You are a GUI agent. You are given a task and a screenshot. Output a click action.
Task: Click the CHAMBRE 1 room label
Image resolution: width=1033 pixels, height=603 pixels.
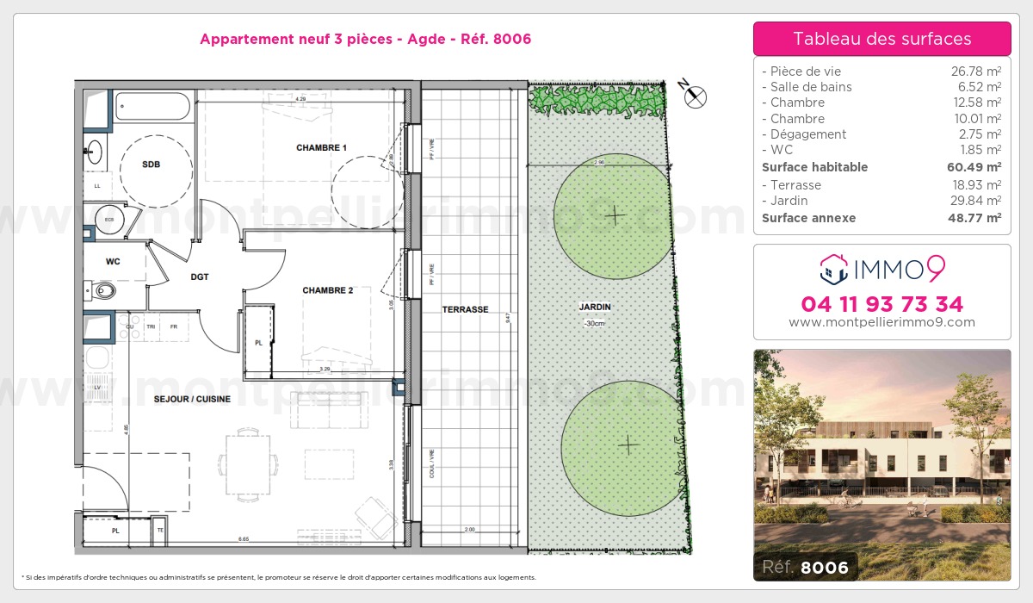point(321,148)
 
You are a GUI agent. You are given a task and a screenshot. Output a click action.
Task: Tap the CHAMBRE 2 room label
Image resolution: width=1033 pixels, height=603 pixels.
point(327,290)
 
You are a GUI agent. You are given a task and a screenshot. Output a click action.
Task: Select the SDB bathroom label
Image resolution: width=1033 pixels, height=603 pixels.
point(151,165)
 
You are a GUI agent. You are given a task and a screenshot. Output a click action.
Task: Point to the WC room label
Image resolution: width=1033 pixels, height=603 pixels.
point(113,260)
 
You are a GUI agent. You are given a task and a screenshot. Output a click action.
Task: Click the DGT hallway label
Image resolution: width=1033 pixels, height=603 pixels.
point(200,277)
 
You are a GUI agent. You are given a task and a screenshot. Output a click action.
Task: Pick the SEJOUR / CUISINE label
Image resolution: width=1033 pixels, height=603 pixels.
point(192,399)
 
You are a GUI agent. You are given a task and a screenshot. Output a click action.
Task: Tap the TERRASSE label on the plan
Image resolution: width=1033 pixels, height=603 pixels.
point(466,309)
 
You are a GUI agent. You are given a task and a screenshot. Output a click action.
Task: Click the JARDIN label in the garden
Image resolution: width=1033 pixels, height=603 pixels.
point(595,307)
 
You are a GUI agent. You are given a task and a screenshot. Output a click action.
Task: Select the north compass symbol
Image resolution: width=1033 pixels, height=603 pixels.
point(694,96)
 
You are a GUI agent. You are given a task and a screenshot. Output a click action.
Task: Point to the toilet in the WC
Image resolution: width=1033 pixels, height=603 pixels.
point(103,290)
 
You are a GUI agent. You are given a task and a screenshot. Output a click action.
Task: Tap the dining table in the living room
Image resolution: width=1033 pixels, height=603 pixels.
point(248,455)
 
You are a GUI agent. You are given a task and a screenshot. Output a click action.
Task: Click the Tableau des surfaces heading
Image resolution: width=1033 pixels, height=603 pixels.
point(881,39)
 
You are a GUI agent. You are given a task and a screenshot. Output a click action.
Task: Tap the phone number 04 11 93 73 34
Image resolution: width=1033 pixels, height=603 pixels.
point(881,304)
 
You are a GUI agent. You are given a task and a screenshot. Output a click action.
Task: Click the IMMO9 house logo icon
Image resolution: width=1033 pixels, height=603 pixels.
point(832,269)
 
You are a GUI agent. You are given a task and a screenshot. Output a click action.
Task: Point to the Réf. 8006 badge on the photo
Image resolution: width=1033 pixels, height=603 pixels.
point(805,567)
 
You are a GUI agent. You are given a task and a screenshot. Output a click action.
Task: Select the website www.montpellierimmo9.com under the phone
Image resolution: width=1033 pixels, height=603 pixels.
point(881,323)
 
